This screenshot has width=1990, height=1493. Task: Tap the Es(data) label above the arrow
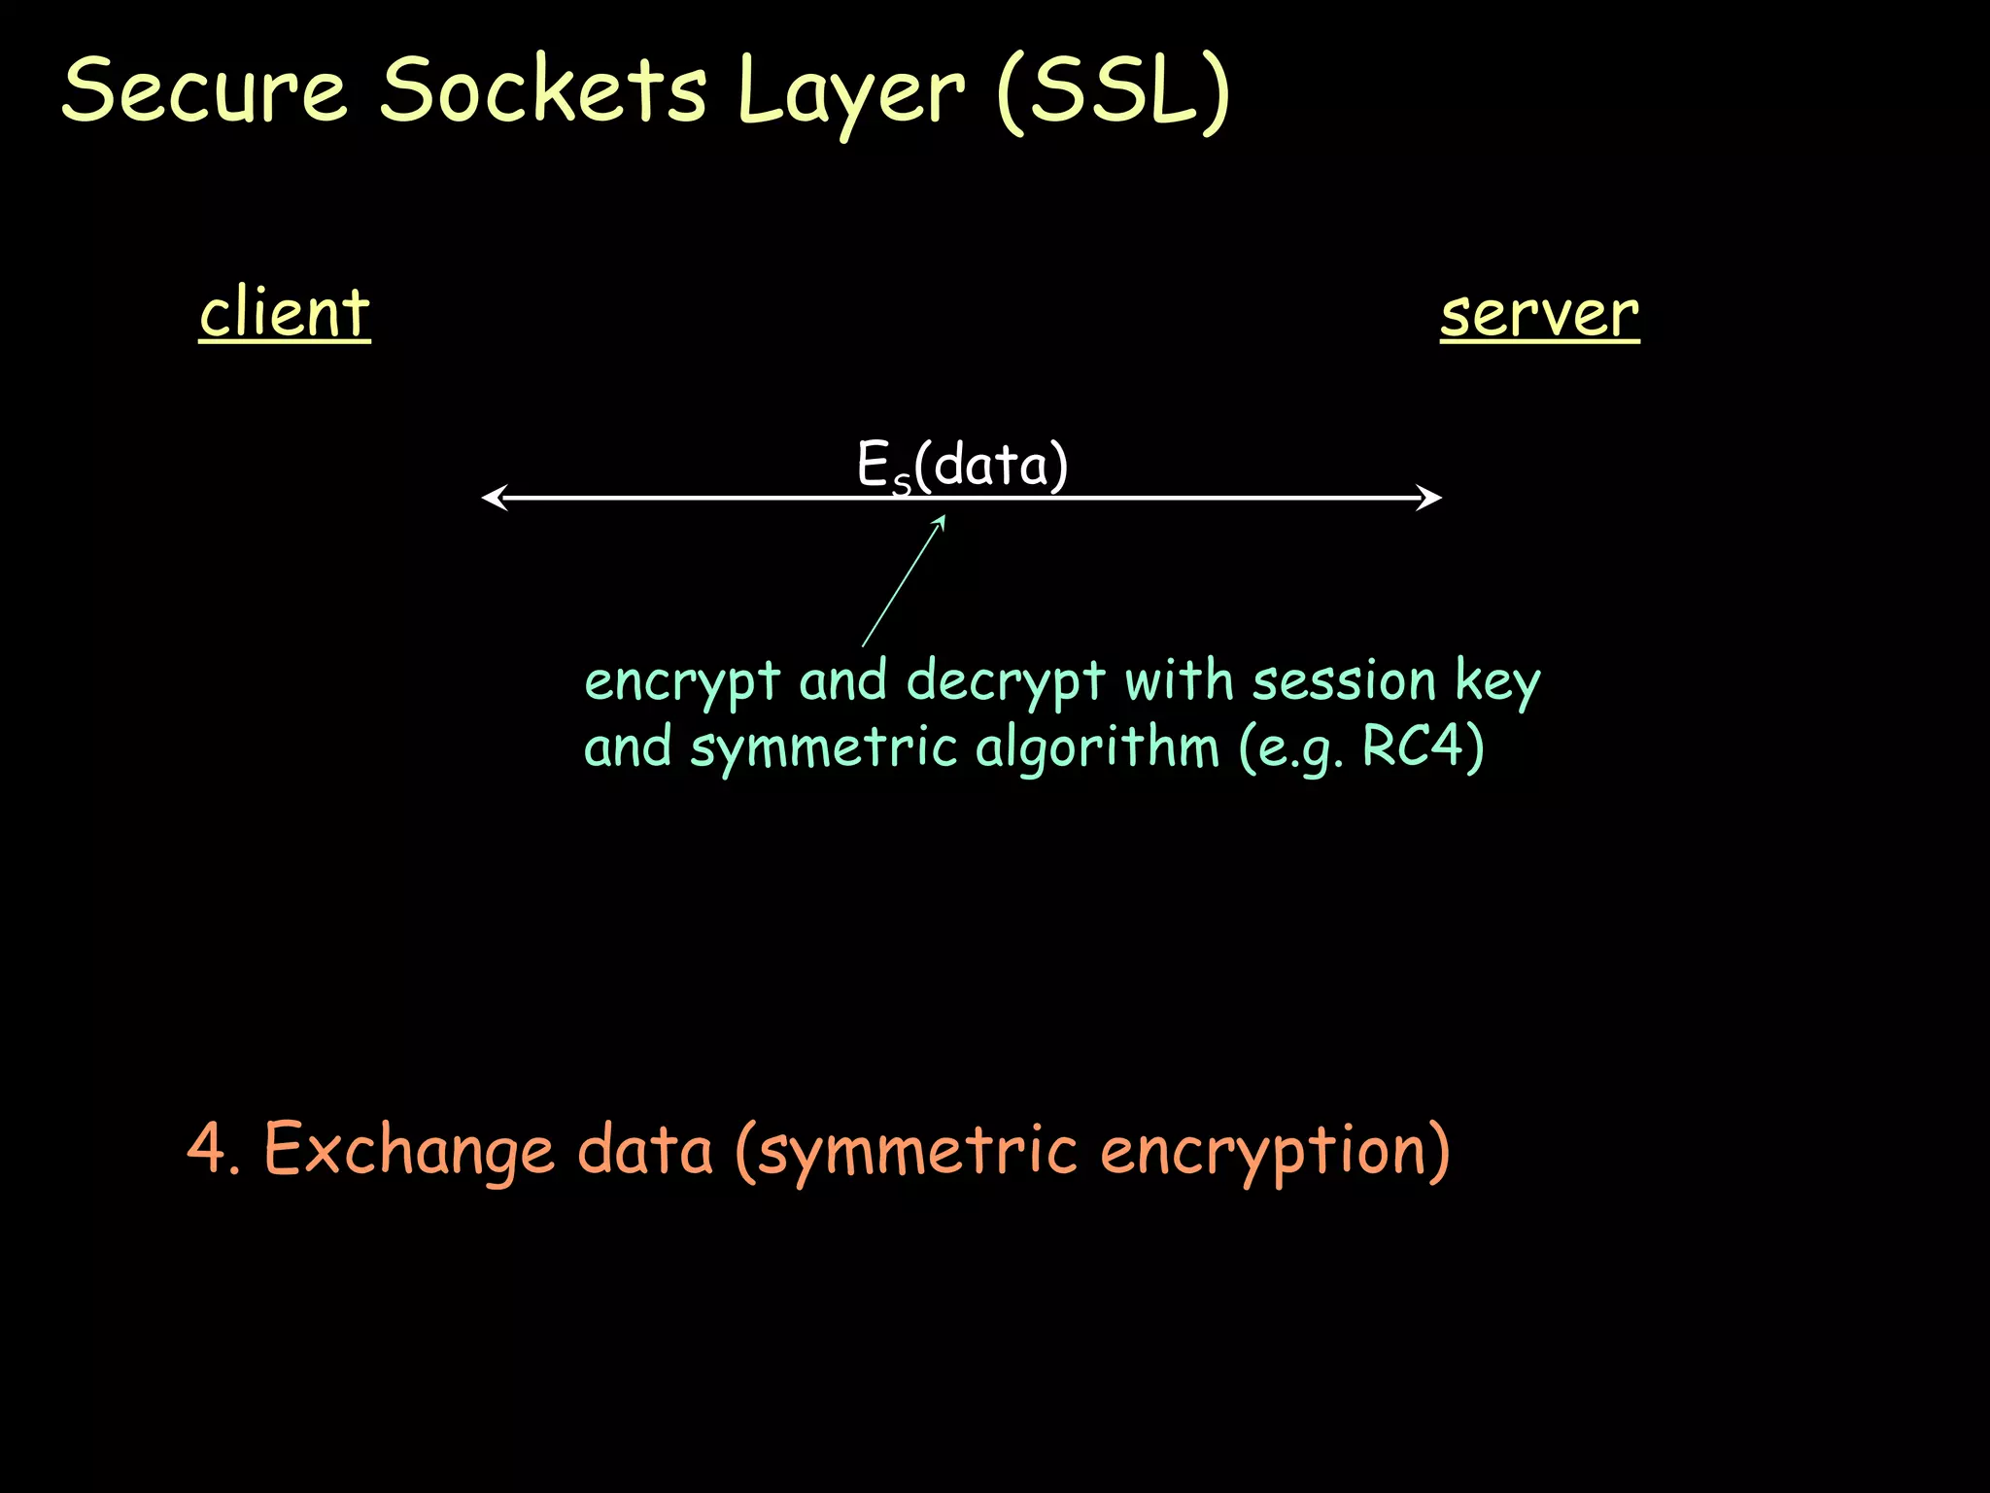[x=962, y=465]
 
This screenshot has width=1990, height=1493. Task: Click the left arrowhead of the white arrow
[x=494, y=498]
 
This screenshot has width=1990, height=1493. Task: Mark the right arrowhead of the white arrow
[x=1430, y=498]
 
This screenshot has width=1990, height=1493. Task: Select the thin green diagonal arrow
[x=904, y=580]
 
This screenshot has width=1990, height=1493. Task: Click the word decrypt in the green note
[x=1006, y=681]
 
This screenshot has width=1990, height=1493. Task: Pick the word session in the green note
[x=1343, y=679]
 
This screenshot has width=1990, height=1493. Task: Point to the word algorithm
[x=1096, y=747]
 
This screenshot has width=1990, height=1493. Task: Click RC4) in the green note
[x=1423, y=746]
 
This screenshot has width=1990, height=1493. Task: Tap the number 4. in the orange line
[x=213, y=1149]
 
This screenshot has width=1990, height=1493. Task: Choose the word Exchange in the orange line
[x=409, y=1150]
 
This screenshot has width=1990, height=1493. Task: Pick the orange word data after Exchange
[x=645, y=1149]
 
